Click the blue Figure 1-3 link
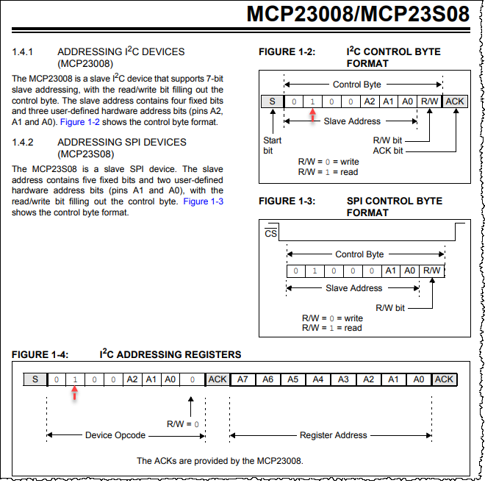tap(204, 201)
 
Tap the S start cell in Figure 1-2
tap(272, 101)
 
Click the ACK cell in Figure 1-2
tap(455, 101)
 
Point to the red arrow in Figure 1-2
tap(313, 115)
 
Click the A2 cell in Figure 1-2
tap(370, 101)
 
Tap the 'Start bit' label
tap(272, 145)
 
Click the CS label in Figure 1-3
tap(271, 234)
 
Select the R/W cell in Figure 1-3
tap(431, 271)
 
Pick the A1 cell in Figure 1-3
tap(391, 271)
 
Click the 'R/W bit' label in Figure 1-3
tap(390, 308)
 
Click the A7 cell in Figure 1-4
tap(242, 379)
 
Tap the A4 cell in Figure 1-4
tap(317, 379)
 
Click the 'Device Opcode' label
tap(115, 435)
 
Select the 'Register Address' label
tap(333, 435)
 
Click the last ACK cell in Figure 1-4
tap(444, 379)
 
